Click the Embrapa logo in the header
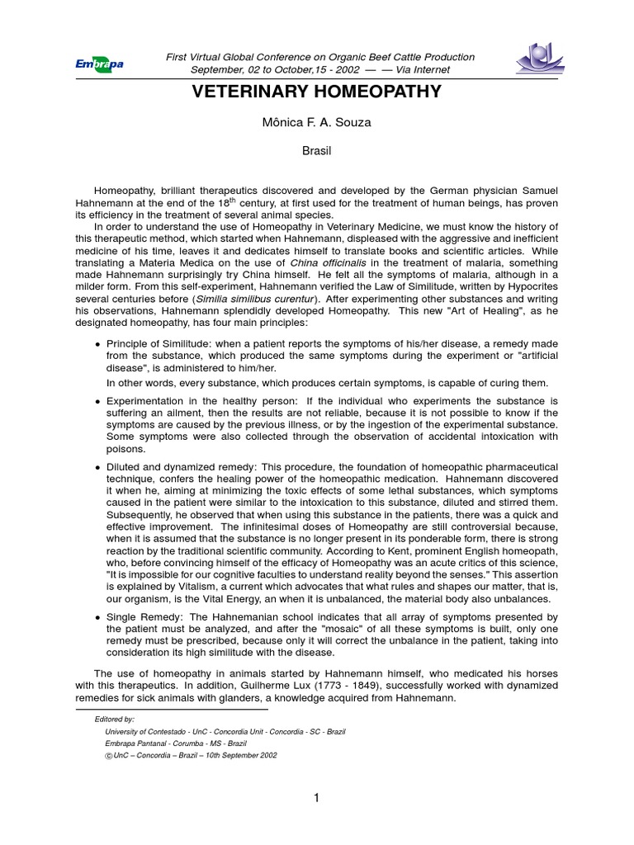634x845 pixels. click(99, 64)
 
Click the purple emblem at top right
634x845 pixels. click(539, 58)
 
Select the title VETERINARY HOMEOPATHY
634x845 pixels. click(317, 92)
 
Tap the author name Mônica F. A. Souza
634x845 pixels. click(317, 123)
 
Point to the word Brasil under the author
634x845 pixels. click(317, 153)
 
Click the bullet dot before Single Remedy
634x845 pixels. click(98, 617)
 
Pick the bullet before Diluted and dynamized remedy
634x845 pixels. click(98, 468)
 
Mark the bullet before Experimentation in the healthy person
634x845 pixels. click(98, 402)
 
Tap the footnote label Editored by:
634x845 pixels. click(115, 720)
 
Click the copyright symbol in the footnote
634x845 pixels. click(109, 755)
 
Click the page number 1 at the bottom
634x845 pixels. click(316, 797)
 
